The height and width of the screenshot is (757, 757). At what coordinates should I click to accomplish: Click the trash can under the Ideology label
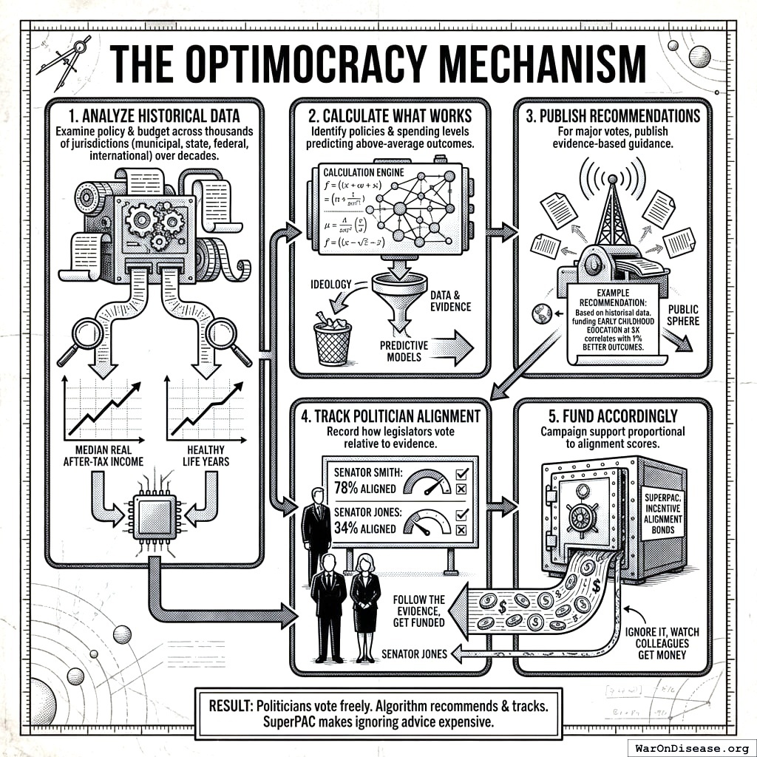[x=332, y=337]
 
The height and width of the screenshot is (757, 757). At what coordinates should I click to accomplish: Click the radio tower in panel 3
[x=614, y=211]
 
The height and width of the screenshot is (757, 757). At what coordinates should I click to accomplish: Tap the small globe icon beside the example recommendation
[x=537, y=314]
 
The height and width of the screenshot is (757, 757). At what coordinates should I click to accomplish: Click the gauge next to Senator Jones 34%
[x=428, y=522]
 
